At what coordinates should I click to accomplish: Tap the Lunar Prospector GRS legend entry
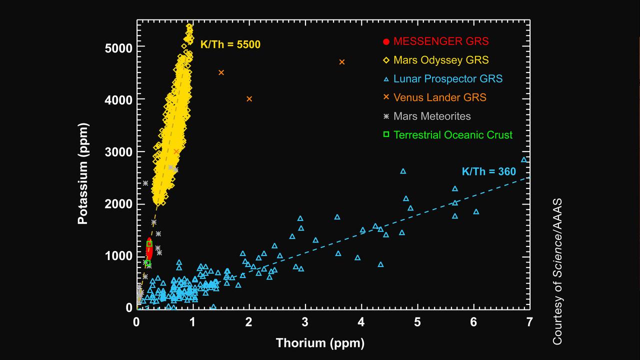pos(447,78)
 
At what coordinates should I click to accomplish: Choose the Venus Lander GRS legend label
pos(439,97)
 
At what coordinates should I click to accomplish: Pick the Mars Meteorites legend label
pos(432,116)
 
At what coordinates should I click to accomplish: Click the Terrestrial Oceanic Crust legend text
pos(452,135)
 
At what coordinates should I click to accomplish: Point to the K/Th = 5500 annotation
pos(230,44)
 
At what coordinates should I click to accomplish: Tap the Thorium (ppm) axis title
pos(320,343)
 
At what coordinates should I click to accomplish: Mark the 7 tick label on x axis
pos(529,321)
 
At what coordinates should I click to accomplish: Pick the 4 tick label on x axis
pos(361,321)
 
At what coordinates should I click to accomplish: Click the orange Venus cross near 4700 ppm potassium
pos(342,62)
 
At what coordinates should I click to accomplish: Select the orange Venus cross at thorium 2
pos(249,99)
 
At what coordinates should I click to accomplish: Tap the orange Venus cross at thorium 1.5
pos(221,72)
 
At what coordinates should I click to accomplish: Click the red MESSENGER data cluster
pos(148,248)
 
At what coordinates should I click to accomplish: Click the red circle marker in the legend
pos(385,41)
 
